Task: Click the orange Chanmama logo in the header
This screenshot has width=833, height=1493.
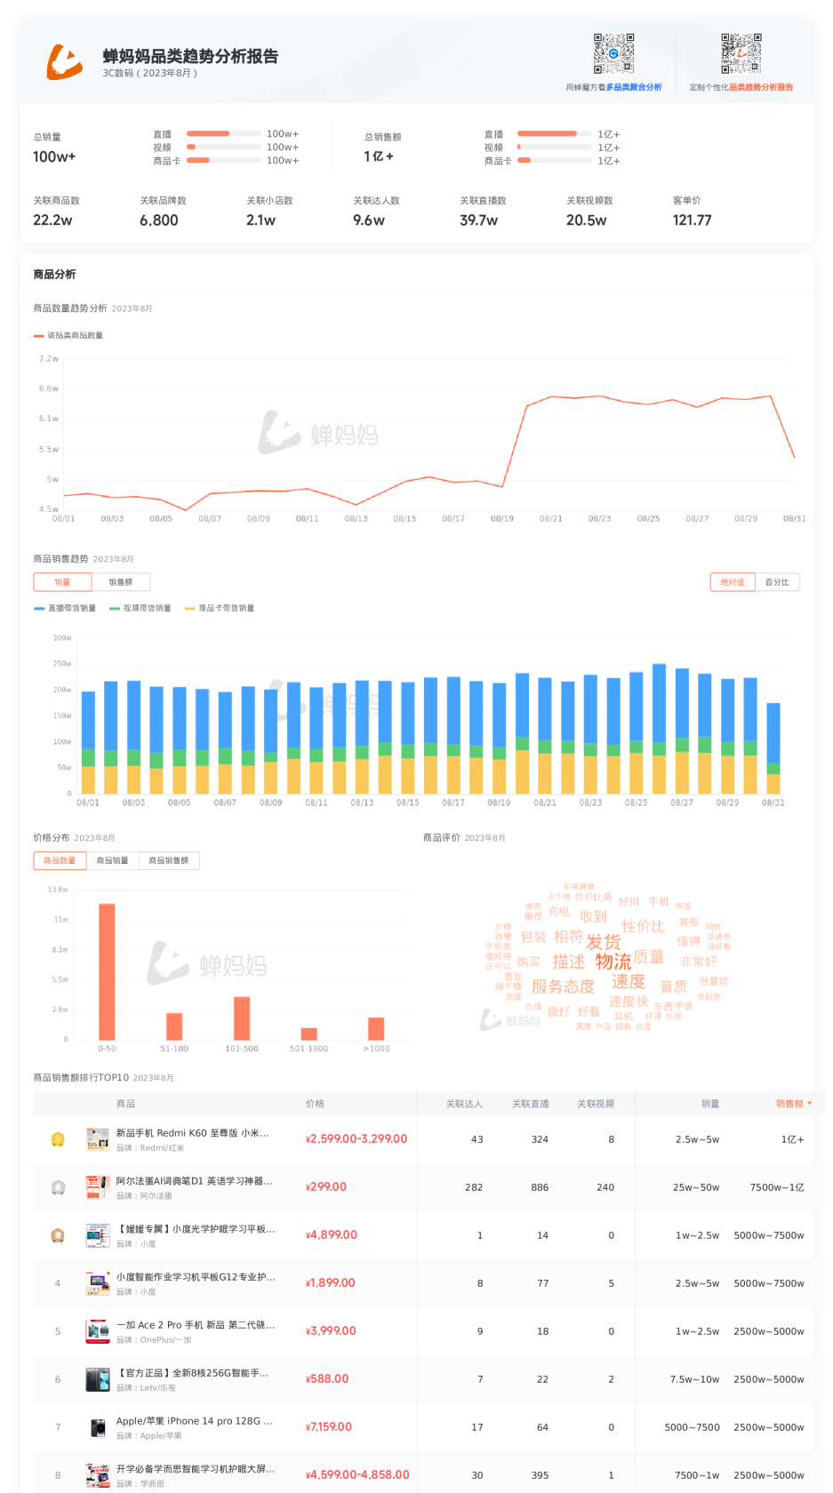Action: point(65,61)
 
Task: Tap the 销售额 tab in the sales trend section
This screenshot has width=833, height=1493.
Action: point(121,582)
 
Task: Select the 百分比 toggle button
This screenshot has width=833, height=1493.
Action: point(777,582)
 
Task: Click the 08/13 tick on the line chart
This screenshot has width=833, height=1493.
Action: point(356,518)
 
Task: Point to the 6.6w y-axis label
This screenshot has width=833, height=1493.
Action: point(49,389)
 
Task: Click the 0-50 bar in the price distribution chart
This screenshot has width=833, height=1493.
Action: point(107,971)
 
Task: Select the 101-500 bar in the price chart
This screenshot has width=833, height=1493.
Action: point(242,1018)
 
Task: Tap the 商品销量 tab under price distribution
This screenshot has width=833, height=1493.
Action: point(112,860)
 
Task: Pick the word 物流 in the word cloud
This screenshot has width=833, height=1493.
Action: point(613,962)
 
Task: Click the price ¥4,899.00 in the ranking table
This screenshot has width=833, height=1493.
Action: point(332,1234)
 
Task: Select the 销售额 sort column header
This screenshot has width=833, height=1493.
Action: point(789,1104)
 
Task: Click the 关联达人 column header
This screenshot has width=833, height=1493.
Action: point(464,1104)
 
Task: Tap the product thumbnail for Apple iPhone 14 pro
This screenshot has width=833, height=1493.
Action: point(98,1427)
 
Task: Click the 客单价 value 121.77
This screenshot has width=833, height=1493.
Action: point(692,220)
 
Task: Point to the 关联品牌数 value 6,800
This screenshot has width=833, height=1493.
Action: point(159,220)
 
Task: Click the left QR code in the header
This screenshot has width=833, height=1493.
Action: point(613,53)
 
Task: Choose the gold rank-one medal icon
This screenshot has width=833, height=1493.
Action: point(58,1139)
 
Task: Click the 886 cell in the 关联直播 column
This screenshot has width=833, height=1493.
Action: point(540,1187)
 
